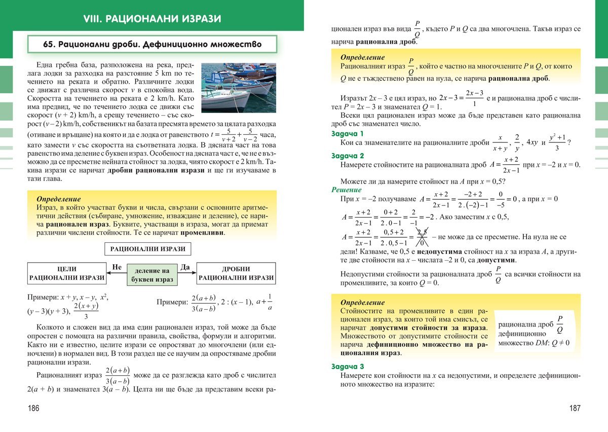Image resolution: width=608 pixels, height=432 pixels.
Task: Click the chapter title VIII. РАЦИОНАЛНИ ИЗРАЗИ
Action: click(152, 19)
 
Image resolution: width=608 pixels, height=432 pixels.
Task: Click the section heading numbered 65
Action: click(153, 45)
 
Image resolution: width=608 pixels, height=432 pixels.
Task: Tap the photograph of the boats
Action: click(239, 87)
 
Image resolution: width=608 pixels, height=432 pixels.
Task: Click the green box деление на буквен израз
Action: click(152, 275)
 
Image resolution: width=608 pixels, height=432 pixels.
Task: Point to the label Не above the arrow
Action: click(117, 267)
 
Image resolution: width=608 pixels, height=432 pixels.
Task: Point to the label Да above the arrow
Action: click(184, 267)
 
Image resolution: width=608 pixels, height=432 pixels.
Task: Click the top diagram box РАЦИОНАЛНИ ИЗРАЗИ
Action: click(147, 249)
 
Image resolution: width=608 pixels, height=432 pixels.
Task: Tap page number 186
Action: click(34, 408)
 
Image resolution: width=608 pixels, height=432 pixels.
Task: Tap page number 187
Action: click(574, 408)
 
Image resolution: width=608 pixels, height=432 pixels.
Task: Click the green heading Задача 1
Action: click(347, 134)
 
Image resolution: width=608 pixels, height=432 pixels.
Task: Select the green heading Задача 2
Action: click(347, 156)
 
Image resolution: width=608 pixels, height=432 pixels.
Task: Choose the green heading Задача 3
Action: click(347, 367)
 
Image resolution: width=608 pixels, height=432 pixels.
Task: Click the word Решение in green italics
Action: click(346, 190)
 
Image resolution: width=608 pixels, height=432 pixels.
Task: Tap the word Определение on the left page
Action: click(59, 199)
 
